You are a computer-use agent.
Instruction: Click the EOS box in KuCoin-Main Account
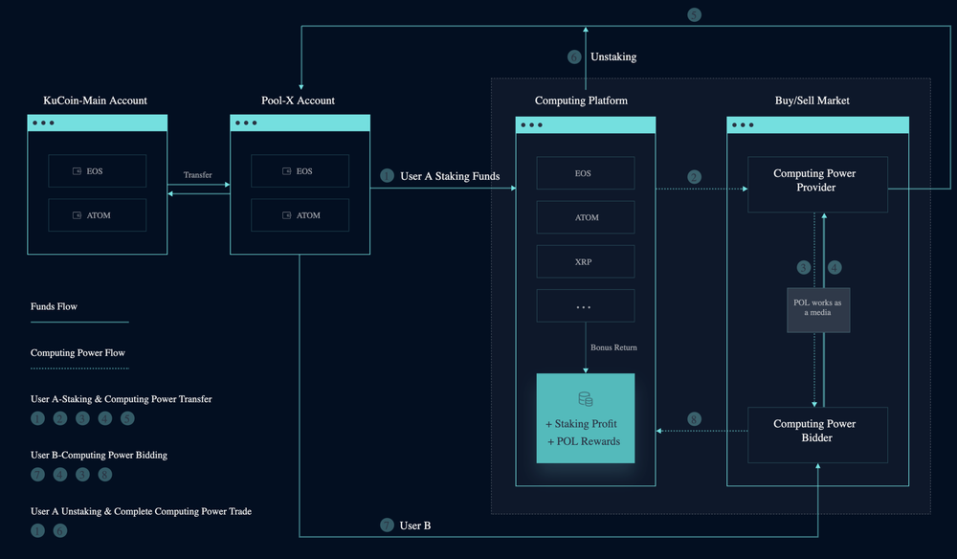(x=97, y=171)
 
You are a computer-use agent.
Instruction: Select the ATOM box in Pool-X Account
(x=300, y=215)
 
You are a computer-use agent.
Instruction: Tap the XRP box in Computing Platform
(x=585, y=261)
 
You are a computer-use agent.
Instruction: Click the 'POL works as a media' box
(x=818, y=309)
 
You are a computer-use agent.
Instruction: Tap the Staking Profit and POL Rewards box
(x=585, y=418)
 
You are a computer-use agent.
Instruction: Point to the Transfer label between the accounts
(x=198, y=175)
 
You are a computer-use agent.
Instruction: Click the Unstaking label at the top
(x=613, y=56)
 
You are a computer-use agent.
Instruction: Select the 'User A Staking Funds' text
(x=450, y=176)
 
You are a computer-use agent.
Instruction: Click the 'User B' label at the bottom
(x=415, y=525)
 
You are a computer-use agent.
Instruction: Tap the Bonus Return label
(x=613, y=347)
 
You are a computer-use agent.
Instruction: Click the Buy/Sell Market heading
(x=812, y=101)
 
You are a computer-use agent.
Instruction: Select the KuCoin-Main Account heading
(x=96, y=101)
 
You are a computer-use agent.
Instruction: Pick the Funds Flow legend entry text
(x=54, y=306)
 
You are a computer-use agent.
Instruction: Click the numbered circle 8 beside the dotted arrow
(x=695, y=419)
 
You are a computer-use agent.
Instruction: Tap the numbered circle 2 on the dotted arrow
(x=695, y=176)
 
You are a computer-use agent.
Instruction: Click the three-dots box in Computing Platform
(x=585, y=305)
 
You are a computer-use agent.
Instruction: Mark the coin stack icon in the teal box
(x=585, y=398)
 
